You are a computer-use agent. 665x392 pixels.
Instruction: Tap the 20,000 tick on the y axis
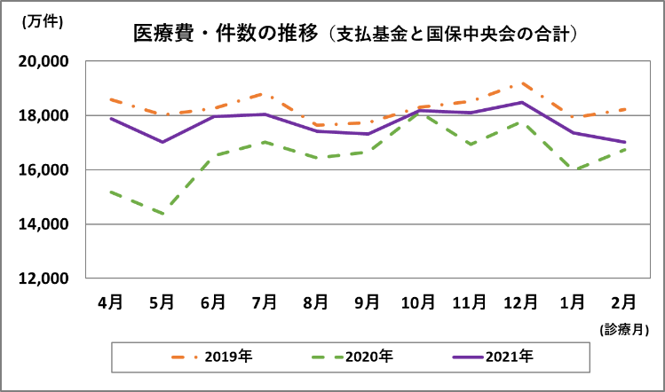pos(44,62)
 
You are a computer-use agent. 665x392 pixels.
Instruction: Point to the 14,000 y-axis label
pos(44,224)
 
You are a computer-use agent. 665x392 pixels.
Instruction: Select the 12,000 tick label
pos(44,278)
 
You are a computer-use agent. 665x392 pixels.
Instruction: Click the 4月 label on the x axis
pos(110,302)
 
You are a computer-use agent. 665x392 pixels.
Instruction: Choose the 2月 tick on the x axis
pos(623,302)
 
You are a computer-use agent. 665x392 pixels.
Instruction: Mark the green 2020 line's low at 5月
pos(162,214)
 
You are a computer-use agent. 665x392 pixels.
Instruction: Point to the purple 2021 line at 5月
pos(162,142)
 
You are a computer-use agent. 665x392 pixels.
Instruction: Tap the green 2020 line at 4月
pos(110,192)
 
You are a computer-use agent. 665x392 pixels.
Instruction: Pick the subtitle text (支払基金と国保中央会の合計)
pos(454,34)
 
